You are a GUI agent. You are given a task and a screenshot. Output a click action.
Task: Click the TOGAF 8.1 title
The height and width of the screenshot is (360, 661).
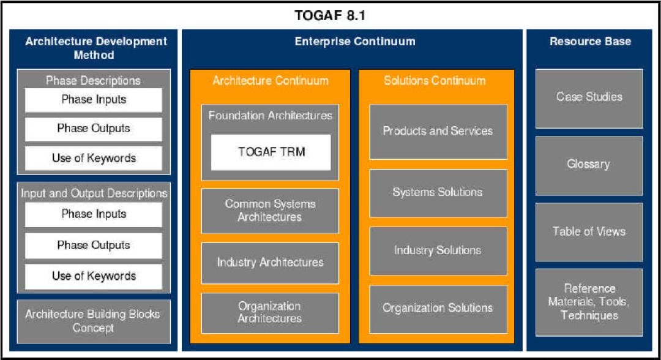pyautogui.click(x=330, y=15)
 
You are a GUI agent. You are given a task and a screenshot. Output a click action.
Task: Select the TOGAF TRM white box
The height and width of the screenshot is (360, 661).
pyautogui.click(x=271, y=152)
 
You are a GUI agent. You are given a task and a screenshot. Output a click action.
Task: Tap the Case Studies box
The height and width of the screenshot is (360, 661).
pyautogui.click(x=589, y=97)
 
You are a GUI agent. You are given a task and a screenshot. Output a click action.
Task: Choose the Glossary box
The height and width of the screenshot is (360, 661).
pyautogui.click(x=589, y=165)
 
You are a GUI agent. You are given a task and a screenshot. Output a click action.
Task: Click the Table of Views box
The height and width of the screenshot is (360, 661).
pyautogui.click(x=589, y=231)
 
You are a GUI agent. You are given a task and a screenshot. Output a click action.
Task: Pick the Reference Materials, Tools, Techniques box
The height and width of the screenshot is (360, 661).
pyautogui.click(x=589, y=302)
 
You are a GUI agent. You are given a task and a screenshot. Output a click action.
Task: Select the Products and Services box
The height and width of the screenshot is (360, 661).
pyautogui.click(x=438, y=131)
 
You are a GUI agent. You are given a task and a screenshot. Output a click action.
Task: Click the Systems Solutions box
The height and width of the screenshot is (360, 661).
pyautogui.click(x=438, y=193)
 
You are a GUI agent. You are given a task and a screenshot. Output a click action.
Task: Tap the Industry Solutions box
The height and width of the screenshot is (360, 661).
pyautogui.click(x=438, y=250)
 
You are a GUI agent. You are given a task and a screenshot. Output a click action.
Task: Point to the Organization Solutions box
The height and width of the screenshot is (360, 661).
pyautogui.click(x=438, y=309)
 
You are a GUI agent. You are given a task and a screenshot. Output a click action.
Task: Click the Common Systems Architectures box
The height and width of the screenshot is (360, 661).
pyautogui.click(x=270, y=211)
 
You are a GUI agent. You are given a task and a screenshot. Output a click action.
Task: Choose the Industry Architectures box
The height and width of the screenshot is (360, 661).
pyautogui.click(x=270, y=263)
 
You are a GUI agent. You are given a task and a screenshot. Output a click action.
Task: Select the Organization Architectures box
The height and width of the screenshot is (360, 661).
pyautogui.click(x=270, y=312)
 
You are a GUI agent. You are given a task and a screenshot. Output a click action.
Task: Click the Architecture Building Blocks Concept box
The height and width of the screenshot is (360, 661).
pyautogui.click(x=94, y=321)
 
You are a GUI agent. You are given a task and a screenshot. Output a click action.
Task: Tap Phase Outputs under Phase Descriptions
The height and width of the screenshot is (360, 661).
pyautogui.click(x=94, y=129)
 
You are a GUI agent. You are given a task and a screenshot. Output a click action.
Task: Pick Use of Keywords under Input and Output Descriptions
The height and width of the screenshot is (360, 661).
pyautogui.click(x=94, y=276)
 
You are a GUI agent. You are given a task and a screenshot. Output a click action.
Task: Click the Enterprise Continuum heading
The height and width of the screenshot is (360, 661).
pyautogui.click(x=354, y=42)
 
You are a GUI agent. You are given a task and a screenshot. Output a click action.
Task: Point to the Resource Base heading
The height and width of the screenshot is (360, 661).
pyautogui.click(x=590, y=42)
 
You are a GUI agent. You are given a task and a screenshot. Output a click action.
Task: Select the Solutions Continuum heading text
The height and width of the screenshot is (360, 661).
pyautogui.click(x=435, y=81)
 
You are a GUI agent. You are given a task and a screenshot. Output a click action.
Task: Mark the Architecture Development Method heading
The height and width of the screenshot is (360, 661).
pyautogui.click(x=96, y=48)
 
